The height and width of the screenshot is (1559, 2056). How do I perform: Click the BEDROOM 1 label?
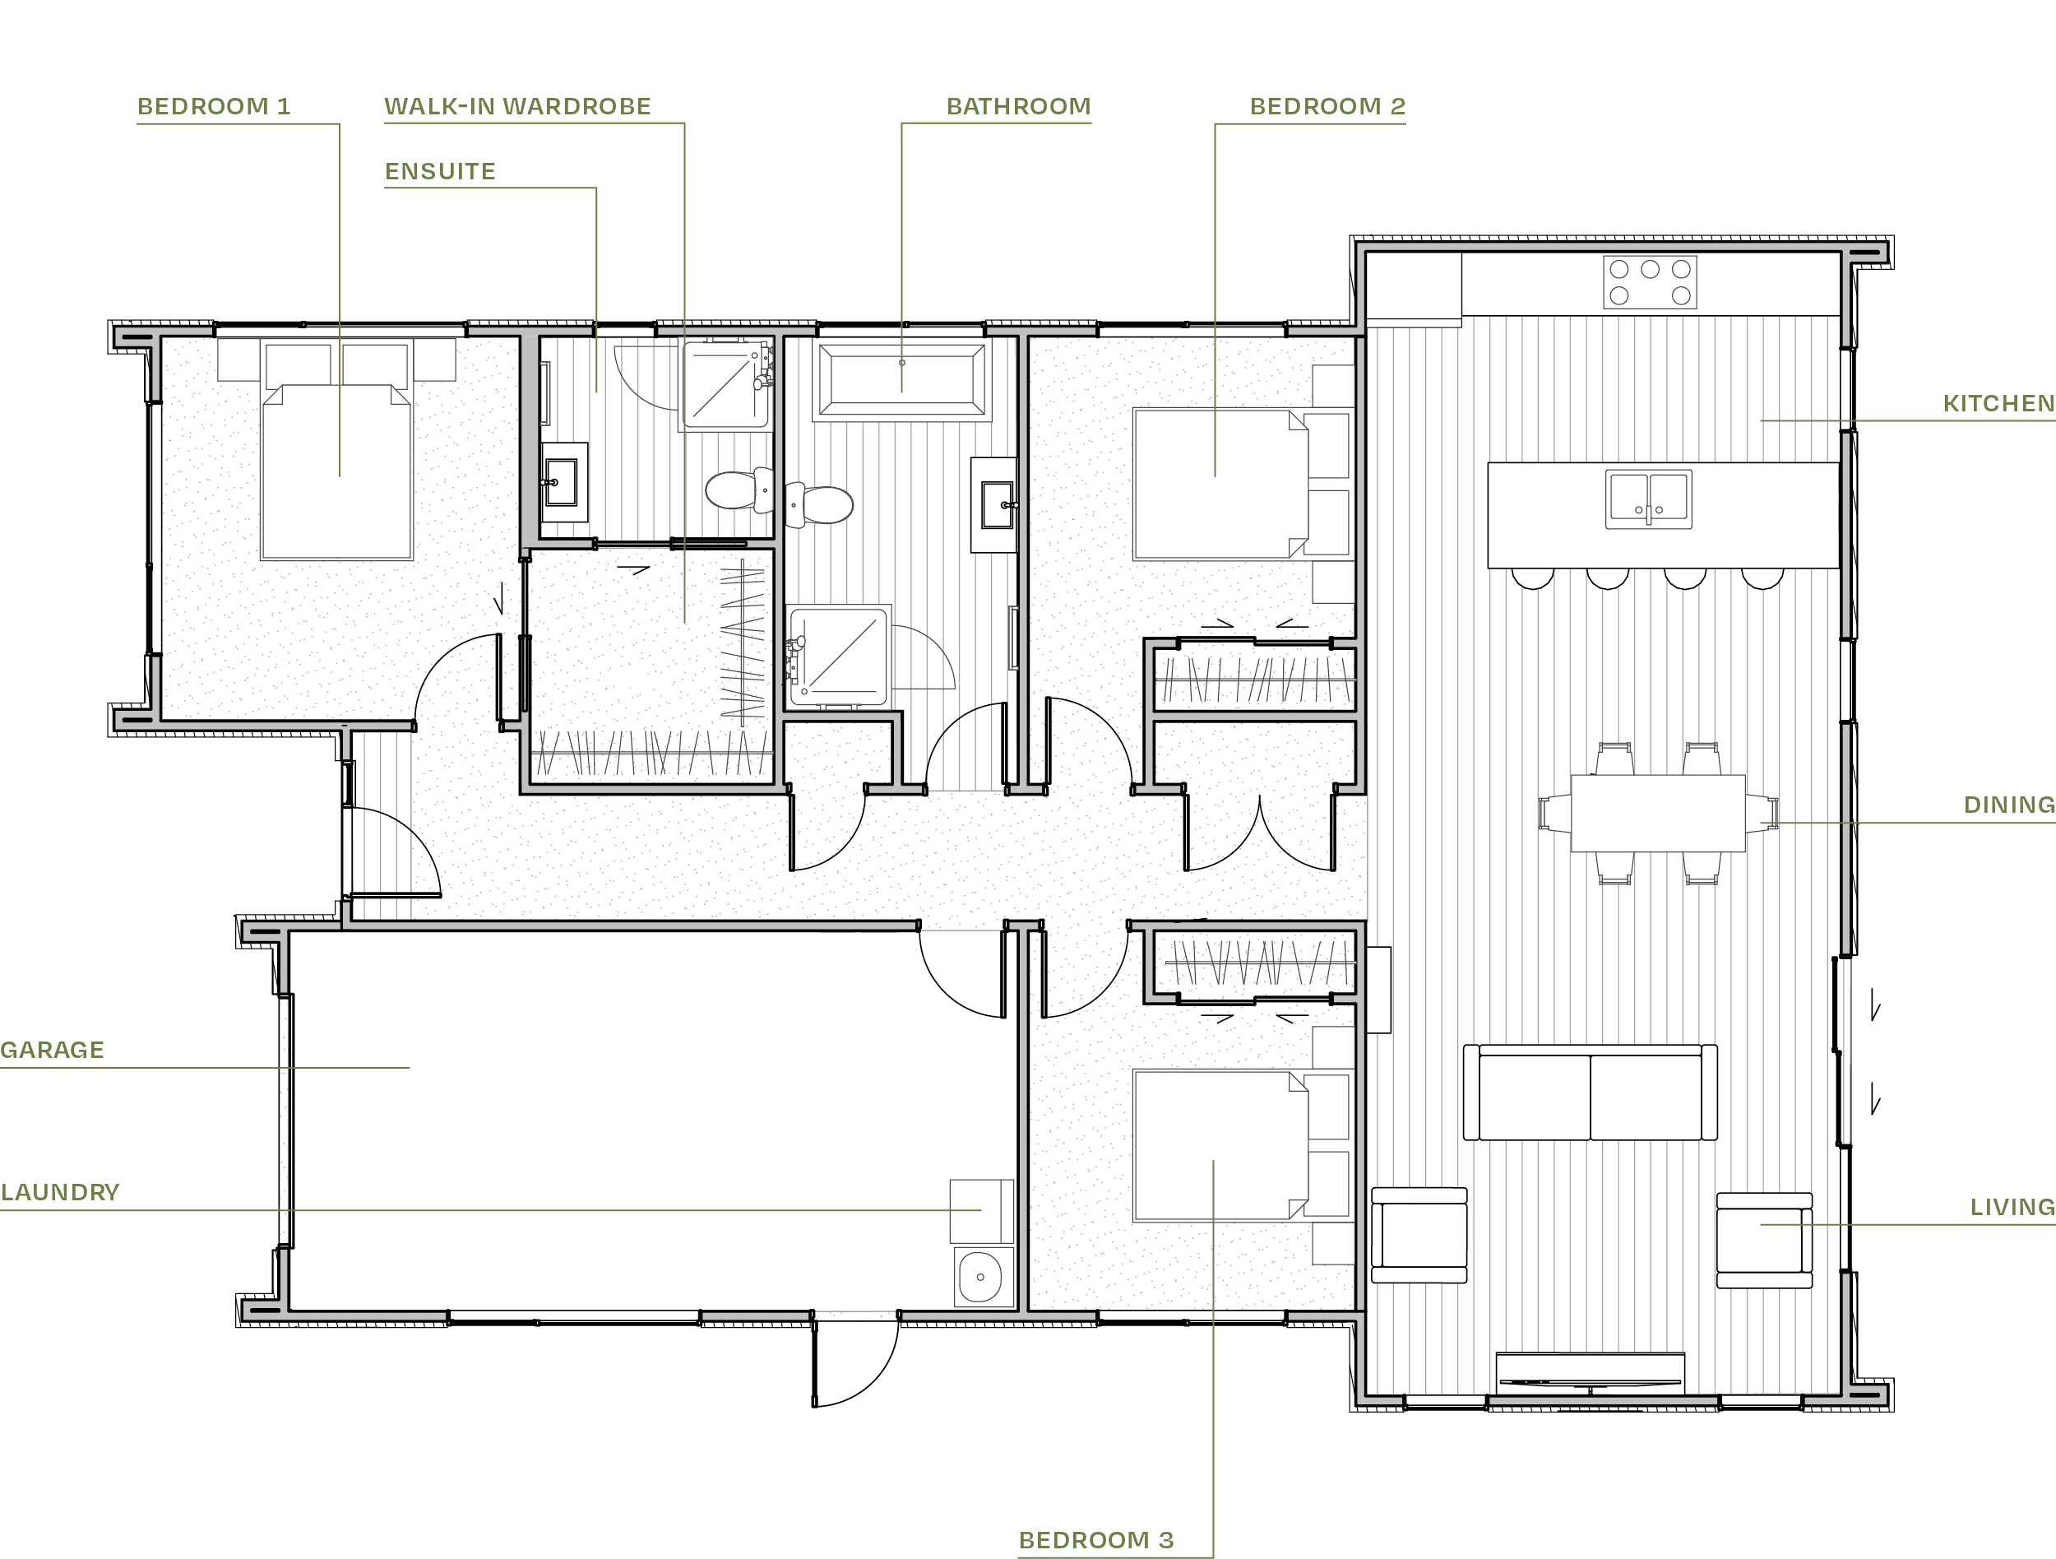pos(214,106)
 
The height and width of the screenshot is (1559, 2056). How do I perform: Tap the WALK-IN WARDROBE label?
pos(518,106)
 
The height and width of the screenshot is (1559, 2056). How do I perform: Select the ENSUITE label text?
pos(441,171)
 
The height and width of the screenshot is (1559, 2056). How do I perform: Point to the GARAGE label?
pos(52,1050)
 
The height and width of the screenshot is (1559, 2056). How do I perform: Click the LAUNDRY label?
pos(60,1192)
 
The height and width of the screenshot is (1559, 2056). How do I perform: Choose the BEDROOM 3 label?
pos(1096,1540)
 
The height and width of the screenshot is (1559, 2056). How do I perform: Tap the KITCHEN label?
pos(1998,403)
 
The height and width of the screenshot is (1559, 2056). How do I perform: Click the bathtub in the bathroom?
pos(901,379)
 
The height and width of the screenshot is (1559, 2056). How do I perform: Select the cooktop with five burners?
pos(1650,281)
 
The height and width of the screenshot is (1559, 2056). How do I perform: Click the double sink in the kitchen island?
pos(1648,499)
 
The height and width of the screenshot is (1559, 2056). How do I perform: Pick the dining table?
pos(1657,813)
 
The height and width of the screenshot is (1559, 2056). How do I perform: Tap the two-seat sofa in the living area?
pos(1590,1093)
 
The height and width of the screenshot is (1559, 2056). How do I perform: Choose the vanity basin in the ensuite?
pos(562,482)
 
